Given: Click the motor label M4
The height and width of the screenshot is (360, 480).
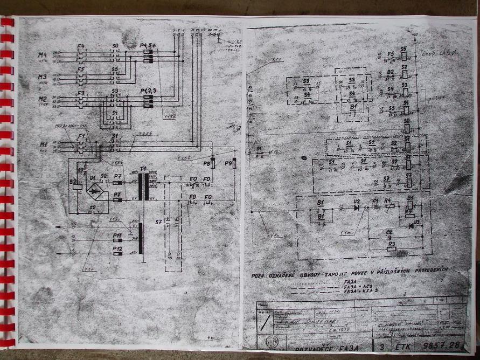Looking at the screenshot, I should coord(43,55).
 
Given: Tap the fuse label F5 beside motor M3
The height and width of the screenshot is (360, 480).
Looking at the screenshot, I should coord(80,70).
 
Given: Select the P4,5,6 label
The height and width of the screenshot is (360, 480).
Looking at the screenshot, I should coord(147,46).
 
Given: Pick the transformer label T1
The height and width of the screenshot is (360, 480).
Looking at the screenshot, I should coord(143,169).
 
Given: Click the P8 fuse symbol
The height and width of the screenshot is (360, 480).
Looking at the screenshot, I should coord(212,163).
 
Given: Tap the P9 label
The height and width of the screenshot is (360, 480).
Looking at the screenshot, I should coord(227,163).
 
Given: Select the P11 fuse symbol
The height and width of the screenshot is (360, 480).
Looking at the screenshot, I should coord(117,240).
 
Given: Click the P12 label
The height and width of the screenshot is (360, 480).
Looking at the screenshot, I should coord(117,248).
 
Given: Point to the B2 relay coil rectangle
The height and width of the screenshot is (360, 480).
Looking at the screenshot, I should coord(78,187).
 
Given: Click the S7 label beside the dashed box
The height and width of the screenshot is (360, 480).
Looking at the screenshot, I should coord(158,221).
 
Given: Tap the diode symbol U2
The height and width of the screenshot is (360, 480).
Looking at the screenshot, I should coord(355,207).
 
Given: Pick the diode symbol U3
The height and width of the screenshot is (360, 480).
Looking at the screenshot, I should coord(411,225).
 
